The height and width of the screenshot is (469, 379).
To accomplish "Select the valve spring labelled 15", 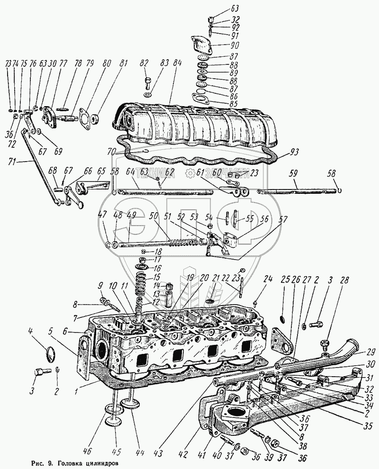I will (x=143, y=288).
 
